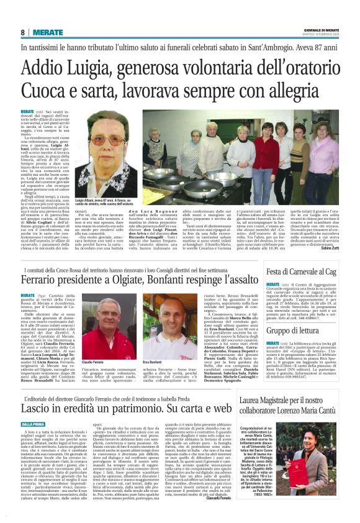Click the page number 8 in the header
coord(23,32)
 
